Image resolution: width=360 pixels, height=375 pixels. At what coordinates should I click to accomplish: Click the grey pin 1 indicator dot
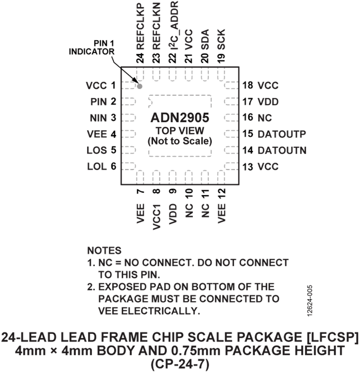click(140, 86)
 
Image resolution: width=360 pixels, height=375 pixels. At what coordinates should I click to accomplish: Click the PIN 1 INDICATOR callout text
click(92, 47)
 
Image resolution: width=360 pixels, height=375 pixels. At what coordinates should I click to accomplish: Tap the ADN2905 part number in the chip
click(180, 118)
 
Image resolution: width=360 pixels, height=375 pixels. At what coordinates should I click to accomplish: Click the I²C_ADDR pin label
click(173, 25)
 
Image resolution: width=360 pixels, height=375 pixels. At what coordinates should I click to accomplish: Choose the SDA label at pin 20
click(205, 40)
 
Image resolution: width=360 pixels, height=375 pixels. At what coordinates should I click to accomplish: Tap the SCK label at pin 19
click(222, 40)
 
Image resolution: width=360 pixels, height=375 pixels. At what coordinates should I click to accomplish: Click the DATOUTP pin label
click(282, 134)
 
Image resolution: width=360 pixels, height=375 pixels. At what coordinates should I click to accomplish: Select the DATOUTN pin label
click(282, 150)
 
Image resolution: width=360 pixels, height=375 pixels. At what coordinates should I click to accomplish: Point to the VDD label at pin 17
click(268, 102)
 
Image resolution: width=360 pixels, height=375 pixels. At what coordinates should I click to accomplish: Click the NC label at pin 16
click(265, 118)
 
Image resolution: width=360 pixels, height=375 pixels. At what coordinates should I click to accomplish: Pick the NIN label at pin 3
click(98, 118)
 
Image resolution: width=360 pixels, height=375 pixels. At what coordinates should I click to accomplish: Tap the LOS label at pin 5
click(97, 150)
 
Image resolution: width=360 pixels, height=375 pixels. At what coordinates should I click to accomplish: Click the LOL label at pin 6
click(97, 166)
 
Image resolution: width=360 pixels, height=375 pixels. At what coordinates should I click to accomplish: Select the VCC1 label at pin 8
click(156, 217)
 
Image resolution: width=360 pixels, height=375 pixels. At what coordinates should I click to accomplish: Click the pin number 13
click(248, 167)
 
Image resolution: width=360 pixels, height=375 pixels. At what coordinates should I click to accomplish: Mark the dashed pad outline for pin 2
click(129, 102)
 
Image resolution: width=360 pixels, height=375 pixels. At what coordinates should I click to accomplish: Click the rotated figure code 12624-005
click(310, 301)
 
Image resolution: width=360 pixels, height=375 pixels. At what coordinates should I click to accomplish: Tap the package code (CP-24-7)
click(180, 364)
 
